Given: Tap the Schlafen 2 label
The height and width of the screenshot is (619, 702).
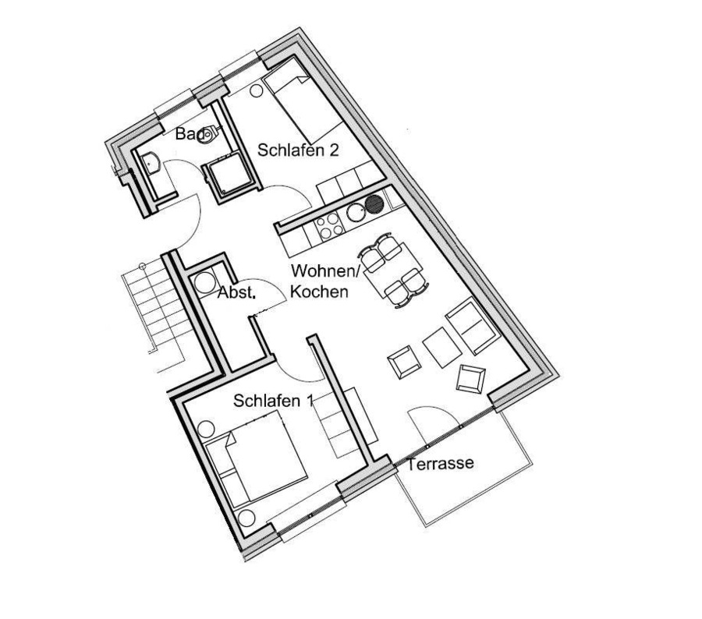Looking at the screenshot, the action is [298, 150].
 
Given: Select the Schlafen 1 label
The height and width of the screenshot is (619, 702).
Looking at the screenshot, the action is [272, 401].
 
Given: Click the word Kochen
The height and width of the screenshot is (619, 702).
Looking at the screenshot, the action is [319, 292].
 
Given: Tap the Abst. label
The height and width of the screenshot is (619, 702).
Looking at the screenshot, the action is [237, 292].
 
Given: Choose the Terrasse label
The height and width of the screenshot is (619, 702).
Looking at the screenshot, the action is [440, 463].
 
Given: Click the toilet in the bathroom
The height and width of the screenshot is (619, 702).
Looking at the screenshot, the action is [208, 135].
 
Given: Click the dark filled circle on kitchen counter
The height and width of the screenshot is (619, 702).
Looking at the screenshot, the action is [374, 204].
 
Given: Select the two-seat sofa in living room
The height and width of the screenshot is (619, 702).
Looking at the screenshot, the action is [471, 325].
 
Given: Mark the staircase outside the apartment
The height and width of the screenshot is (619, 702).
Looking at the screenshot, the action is [154, 312].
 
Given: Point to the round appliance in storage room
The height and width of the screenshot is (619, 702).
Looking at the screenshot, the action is [204, 282].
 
